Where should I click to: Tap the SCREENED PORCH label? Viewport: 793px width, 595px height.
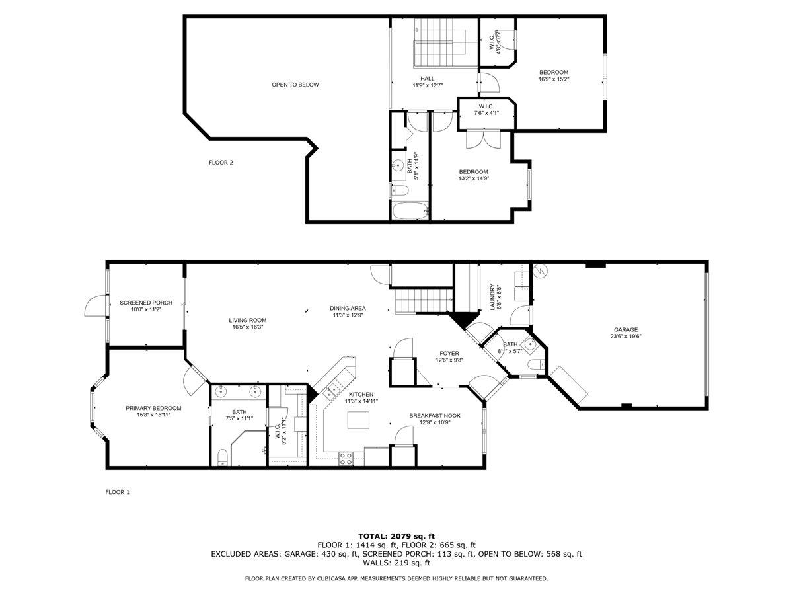point(146,303)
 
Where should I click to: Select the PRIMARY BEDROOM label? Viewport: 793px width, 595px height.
point(153,408)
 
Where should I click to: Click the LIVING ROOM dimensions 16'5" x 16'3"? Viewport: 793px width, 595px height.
point(249,327)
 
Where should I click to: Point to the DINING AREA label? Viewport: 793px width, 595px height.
point(348,308)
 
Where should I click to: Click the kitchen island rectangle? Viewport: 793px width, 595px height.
point(358,420)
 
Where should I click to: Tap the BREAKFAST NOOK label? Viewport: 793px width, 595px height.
point(434,415)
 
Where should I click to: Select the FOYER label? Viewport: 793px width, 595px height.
point(449,354)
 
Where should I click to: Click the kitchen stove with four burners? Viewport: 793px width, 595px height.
point(346,457)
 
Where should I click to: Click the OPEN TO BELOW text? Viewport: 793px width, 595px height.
point(295,85)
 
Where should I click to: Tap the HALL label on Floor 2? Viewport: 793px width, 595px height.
point(427,79)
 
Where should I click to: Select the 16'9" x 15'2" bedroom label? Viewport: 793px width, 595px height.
point(554,73)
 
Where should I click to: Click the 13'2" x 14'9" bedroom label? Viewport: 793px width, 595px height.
point(473,172)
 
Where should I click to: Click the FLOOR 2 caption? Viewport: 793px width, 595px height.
point(221,163)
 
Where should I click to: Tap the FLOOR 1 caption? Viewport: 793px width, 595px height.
point(118,492)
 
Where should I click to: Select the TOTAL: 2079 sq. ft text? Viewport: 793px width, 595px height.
point(397,536)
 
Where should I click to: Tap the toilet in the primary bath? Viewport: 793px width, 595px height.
point(223,457)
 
